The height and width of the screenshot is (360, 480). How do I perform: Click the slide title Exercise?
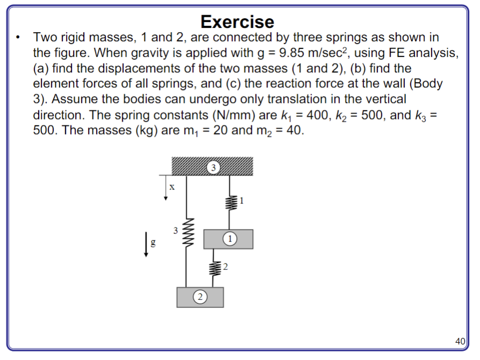(x=237, y=21)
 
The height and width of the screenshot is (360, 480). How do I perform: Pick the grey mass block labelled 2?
(x=200, y=297)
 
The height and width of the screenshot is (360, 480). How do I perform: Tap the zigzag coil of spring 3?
(x=186, y=230)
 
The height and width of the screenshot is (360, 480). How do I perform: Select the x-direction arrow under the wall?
(x=166, y=187)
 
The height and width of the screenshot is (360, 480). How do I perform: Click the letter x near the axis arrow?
(x=172, y=187)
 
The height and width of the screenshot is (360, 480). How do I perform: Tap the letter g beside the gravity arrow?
(x=154, y=243)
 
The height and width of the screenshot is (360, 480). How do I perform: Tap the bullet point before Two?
(x=19, y=38)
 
